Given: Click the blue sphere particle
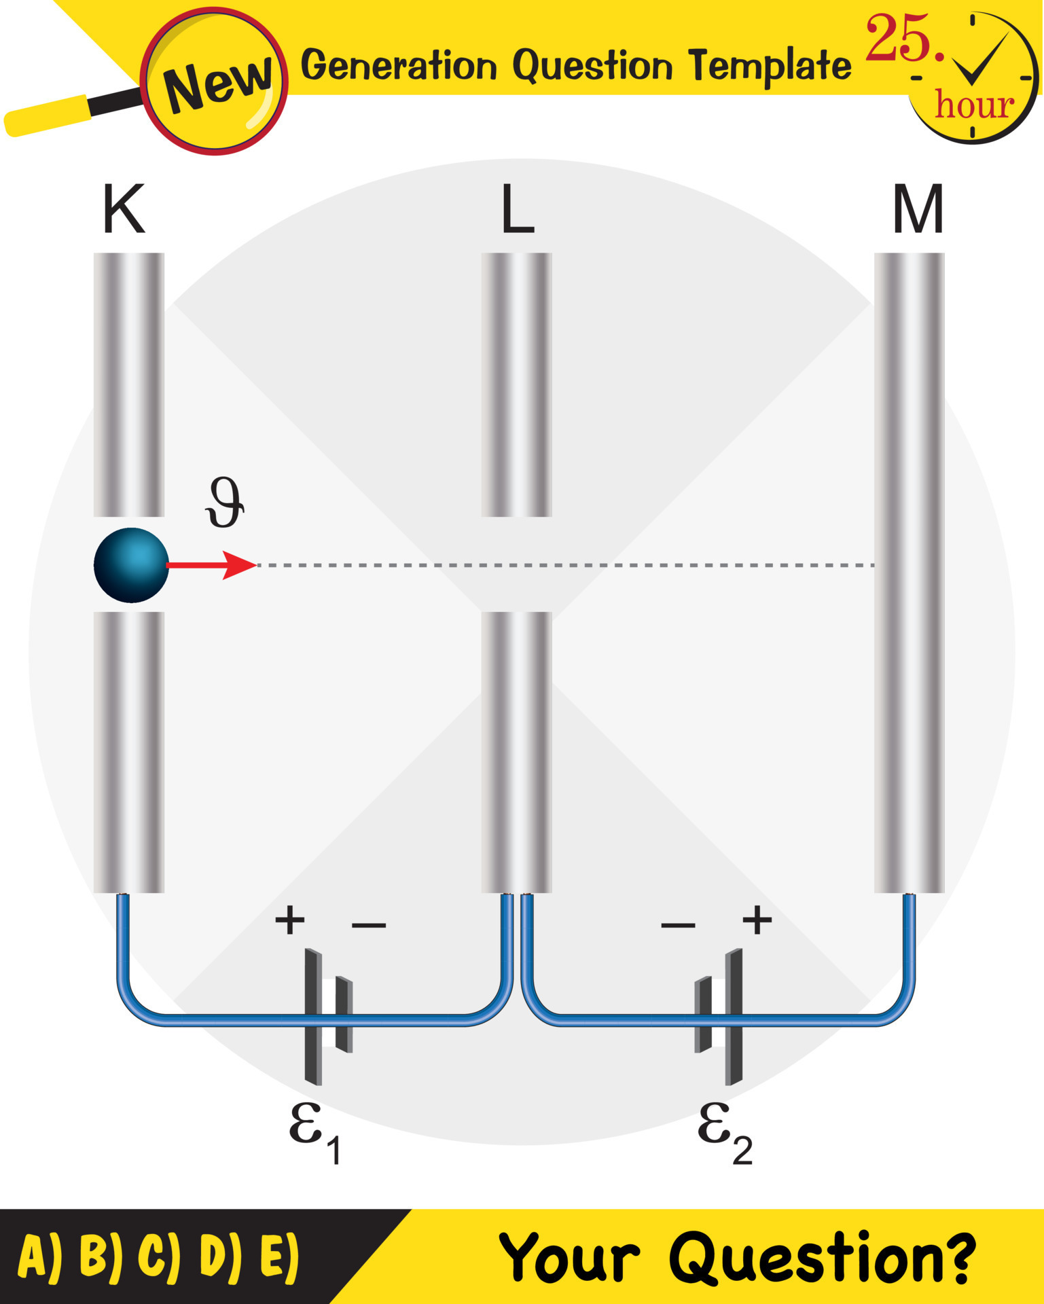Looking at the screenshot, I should [x=130, y=565].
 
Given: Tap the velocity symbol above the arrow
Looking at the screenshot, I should [x=225, y=503].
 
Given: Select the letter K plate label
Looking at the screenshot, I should [x=124, y=209].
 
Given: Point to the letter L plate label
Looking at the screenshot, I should [x=517, y=210].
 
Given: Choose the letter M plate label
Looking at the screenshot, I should [x=918, y=209].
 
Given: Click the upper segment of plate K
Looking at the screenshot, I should [x=129, y=384].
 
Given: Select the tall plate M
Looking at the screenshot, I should [x=909, y=572].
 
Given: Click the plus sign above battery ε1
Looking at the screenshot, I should [x=290, y=921].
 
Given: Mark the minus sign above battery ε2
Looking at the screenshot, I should [x=678, y=925].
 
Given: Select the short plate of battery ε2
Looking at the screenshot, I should [x=702, y=1015].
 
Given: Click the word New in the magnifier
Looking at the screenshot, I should [x=217, y=84].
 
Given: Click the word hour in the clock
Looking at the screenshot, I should [x=974, y=105].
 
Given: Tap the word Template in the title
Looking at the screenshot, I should [x=770, y=66].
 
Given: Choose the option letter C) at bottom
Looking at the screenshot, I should [x=159, y=1256].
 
